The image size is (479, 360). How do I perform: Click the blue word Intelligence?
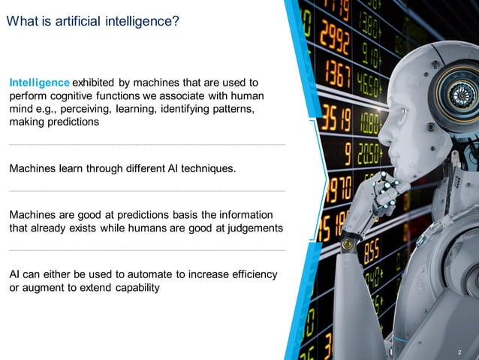point(40,82)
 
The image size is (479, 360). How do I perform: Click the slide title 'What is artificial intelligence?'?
point(92,22)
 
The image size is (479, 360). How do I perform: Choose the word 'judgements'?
point(256,228)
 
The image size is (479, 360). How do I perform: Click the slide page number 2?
point(459,352)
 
